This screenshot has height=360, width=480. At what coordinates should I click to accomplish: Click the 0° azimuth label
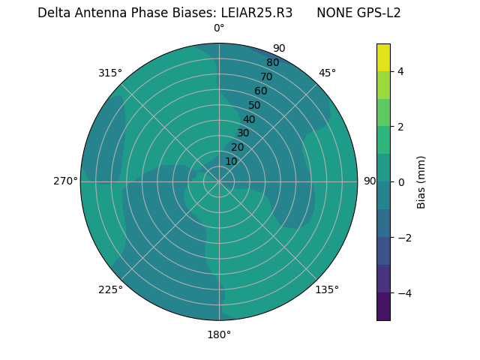pos(219,28)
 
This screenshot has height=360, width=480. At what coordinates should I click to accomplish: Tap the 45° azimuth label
pos(327,73)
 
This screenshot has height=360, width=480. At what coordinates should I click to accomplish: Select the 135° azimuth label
pos(327,289)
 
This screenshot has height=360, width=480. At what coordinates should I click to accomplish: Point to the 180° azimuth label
pos(219,334)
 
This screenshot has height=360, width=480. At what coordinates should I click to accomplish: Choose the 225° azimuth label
pos(110,289)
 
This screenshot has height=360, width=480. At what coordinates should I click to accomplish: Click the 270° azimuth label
pos(65,181)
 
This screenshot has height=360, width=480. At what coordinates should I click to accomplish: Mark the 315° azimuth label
pos(110,73)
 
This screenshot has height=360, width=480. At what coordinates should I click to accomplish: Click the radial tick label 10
pos(231,161)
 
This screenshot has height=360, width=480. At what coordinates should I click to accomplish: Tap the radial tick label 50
pos(255,105)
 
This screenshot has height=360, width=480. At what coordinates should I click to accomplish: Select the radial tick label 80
pos(272,62)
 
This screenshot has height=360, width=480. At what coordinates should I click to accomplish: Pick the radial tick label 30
pos(243,133)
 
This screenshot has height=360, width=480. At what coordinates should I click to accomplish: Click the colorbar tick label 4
pos(401,71)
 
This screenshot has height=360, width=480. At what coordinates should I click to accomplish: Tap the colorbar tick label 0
pos(401,181)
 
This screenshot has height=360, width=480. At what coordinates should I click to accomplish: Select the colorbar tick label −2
pos(401,237)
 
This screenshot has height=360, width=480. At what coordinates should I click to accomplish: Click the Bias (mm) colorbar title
pos(421,181)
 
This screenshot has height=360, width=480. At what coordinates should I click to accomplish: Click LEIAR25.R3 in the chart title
pos(256,13)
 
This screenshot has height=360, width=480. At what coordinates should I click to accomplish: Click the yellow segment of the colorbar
pos(383,57)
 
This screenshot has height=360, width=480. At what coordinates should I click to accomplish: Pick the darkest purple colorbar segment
pos(383,307)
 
